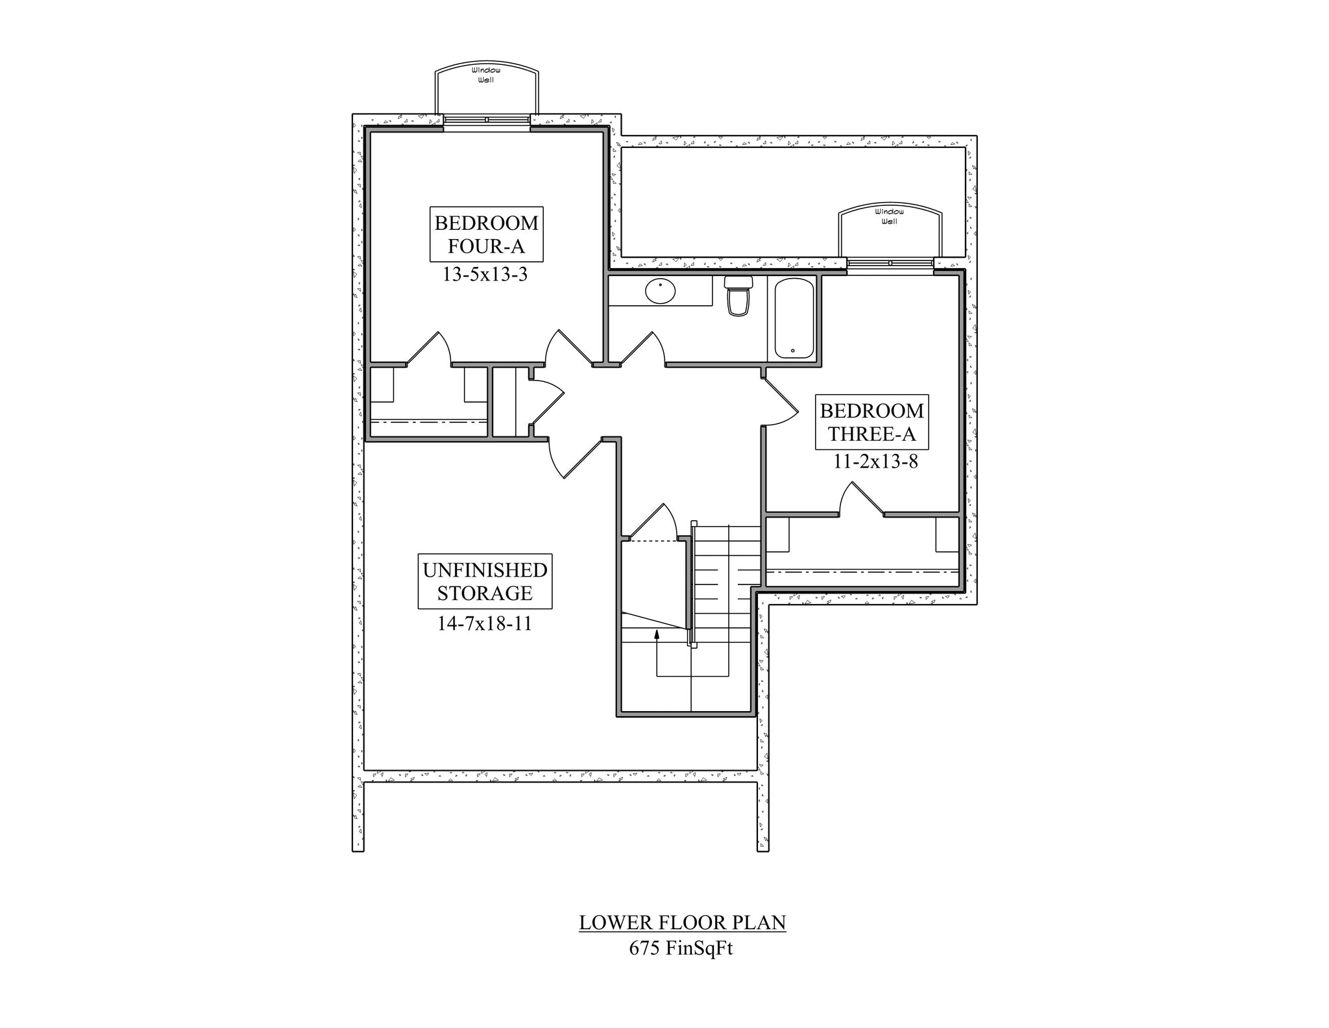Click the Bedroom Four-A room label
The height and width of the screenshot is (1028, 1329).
pos(486,234)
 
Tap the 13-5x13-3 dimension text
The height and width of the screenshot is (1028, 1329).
pos(485,275)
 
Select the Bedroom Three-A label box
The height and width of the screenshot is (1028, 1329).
pos(872,422)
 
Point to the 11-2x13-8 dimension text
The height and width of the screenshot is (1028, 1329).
pos(875,462)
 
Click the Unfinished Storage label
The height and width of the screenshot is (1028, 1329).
pos(485,581)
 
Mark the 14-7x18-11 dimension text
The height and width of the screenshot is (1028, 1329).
pos(485,624)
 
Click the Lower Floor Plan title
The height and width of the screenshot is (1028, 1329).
pos(683,923)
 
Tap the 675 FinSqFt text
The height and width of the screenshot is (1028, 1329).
pos(681,949)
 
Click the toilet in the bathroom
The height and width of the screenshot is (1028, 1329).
pos(738,296)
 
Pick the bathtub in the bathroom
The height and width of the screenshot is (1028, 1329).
pos(794,318)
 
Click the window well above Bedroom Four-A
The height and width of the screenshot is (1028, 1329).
pos(486,90)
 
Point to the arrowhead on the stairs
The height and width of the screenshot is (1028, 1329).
pos(657,634)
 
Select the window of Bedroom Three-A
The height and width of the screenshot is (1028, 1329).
pos(890,263)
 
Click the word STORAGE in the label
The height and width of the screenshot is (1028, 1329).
pos(485,593)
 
